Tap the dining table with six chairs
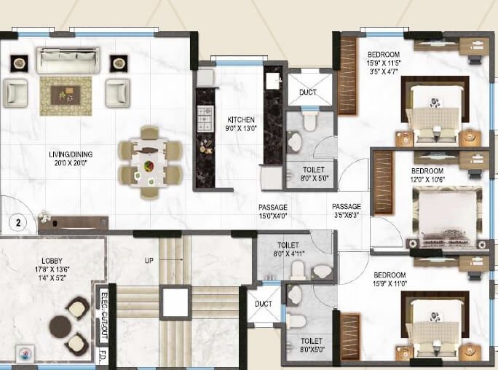click(150, 162)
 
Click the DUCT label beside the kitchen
click(308, 92)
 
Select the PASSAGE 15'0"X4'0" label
click(273, 211)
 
